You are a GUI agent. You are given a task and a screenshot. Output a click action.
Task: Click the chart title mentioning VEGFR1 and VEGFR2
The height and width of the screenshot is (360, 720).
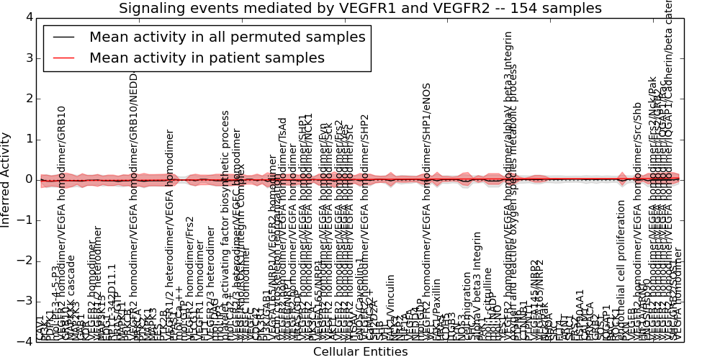click(360, 9)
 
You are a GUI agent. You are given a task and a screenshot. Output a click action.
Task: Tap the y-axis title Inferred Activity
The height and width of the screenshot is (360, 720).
click(6, 179)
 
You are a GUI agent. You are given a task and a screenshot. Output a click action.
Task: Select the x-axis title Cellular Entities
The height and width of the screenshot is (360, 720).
click(360, 351)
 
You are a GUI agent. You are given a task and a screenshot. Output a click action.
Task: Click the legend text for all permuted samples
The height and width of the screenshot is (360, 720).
click(227, 37)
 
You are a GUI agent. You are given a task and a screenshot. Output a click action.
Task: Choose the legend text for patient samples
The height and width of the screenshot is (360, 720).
click(207, 58)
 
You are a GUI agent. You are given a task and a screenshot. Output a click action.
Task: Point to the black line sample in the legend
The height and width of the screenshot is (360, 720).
click(63, 37)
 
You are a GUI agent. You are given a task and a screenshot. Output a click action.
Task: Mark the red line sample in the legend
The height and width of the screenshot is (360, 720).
click(63, 58)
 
